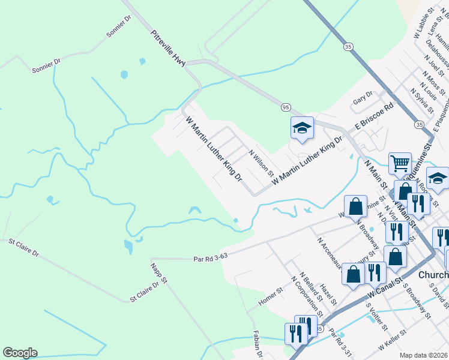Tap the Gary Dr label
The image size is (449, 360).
363,98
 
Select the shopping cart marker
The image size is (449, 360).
399,163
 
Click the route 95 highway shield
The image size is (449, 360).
286,107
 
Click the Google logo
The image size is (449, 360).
20,353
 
